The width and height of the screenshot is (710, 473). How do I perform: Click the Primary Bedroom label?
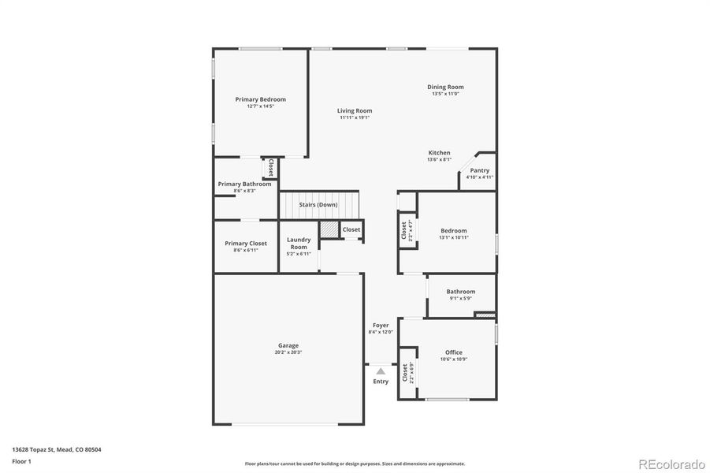click(x=260, y=99)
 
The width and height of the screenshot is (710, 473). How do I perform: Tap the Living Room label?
click(x=355, y=111)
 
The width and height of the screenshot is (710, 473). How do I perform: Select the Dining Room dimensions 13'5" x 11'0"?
click(x=445, y=94)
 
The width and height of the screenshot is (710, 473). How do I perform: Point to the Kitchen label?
click(x=439, y=153)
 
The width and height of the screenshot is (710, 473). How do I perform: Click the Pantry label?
click(x=479, y=170)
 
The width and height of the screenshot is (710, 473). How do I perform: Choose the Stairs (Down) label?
click(x=318, y=205)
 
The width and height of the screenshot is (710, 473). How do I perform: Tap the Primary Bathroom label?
click(x=244, y=184)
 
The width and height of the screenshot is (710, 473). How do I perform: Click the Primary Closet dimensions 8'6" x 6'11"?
click(x=246, y=250)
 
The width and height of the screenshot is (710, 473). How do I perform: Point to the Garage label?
click(x=288, y=345)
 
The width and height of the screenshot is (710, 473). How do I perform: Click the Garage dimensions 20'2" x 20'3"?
click(x=288, y=352)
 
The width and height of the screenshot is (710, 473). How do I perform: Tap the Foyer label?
click(x=380, y=326)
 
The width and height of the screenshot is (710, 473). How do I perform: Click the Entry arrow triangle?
click(x=381, y=371)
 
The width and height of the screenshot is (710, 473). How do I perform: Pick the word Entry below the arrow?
click(x=381, y=382)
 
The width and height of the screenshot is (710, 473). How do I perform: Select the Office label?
click(x=453, y=352)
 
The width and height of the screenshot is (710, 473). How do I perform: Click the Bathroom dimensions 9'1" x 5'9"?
click(x=461, y=299)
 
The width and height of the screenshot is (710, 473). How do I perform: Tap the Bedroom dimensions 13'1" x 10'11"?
click(x=454, y=237)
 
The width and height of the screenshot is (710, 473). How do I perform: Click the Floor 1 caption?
click(x=21, y=460)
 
